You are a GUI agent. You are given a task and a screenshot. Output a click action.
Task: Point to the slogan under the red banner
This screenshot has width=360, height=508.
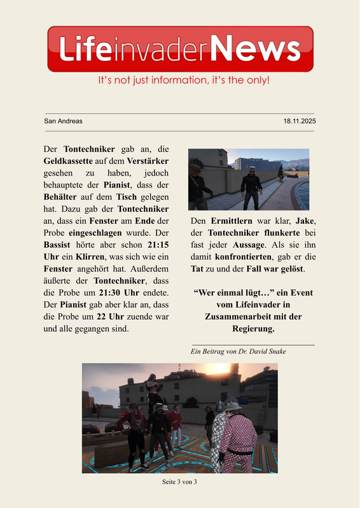(184, 81)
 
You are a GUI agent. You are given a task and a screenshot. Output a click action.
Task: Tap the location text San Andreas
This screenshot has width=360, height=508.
(63, 121)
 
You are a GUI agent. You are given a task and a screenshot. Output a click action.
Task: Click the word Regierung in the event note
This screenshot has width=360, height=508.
(254, 329)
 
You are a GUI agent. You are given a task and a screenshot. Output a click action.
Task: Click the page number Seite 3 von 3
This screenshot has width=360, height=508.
(180, 482)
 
